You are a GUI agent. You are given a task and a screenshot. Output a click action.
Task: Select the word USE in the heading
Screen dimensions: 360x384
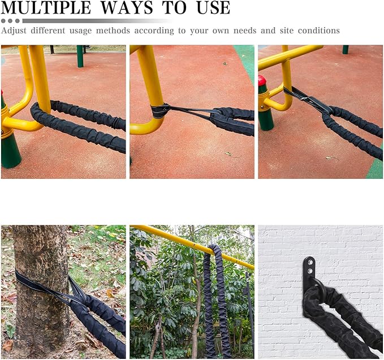tap(209, 8)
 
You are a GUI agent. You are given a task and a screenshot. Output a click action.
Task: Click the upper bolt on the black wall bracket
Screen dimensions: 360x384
tap(310, 262)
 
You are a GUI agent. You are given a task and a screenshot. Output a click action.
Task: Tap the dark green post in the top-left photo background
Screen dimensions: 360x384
tap(80, 56)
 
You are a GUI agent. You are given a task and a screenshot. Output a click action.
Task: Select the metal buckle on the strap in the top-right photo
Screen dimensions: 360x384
tap(294, 94)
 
